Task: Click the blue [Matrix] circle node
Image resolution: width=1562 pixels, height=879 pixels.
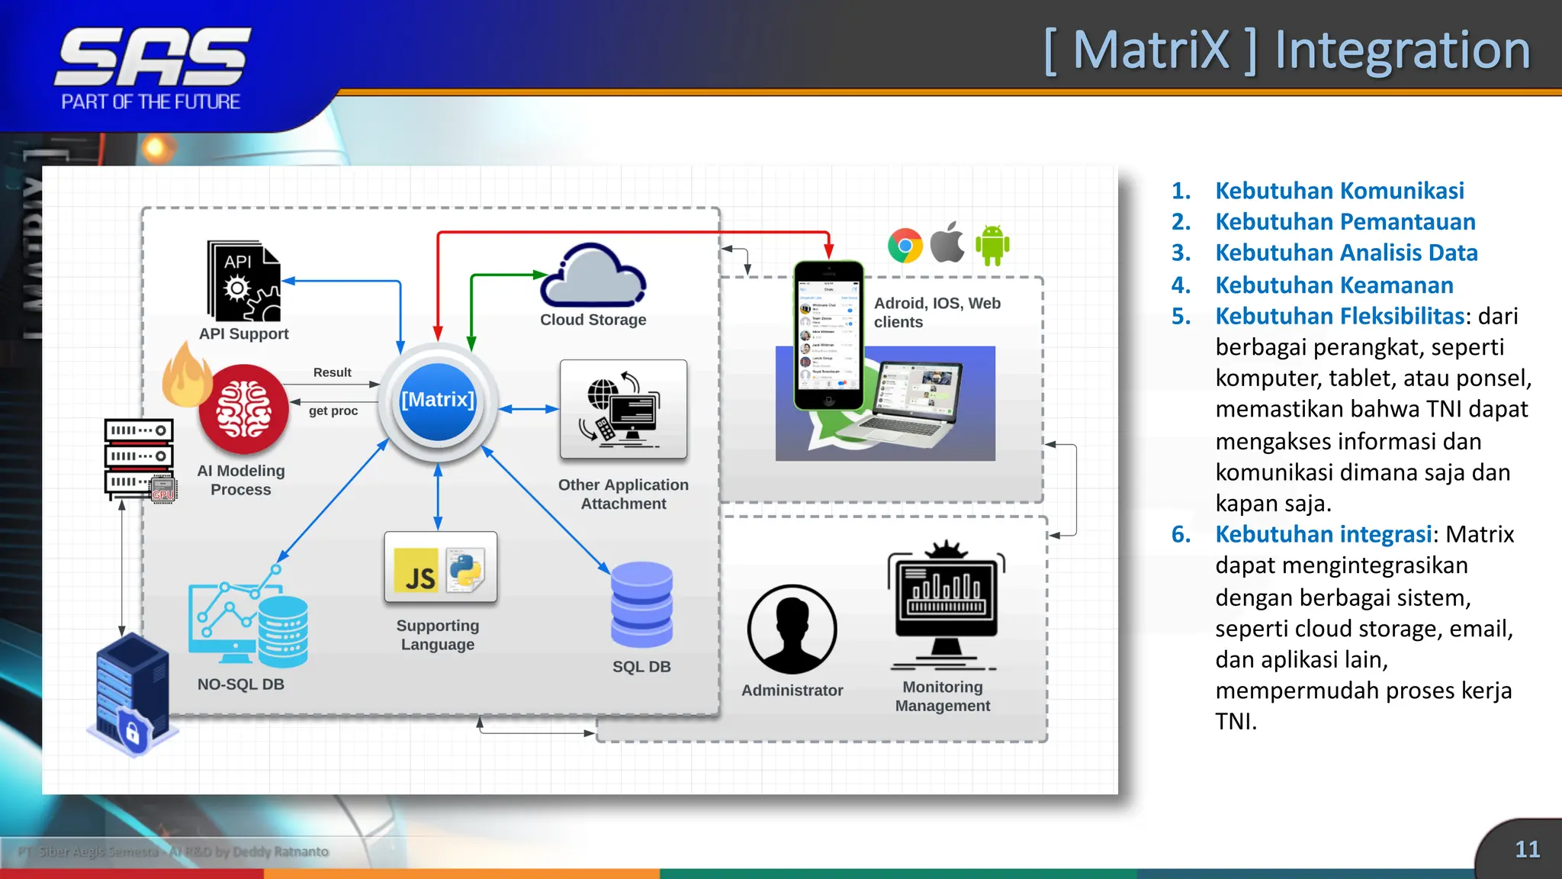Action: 438,401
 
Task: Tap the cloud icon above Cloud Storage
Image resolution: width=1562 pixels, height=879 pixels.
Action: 593,275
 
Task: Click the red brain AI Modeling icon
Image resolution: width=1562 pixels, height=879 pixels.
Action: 243,410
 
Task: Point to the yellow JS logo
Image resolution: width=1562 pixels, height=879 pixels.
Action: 416,571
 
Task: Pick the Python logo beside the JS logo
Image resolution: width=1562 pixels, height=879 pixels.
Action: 465,571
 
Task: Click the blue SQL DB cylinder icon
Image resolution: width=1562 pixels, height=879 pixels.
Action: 641,604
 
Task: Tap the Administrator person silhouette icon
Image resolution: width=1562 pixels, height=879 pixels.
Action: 792,629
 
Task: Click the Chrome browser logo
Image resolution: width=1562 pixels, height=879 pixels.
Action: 905,246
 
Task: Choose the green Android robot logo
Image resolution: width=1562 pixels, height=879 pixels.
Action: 992,245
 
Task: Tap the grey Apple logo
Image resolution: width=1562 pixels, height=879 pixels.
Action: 948,243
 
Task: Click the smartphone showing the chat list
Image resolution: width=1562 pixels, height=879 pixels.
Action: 828,336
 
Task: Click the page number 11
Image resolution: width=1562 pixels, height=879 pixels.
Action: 1527,849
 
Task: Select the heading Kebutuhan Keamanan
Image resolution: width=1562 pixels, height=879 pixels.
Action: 1334,285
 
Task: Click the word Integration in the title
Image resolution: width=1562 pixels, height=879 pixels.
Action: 1402,50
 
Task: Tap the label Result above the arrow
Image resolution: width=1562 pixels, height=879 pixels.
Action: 332,372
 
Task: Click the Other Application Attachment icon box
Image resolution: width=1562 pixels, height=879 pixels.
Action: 623,410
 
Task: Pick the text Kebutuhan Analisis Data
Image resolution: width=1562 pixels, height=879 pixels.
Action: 1346,253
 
